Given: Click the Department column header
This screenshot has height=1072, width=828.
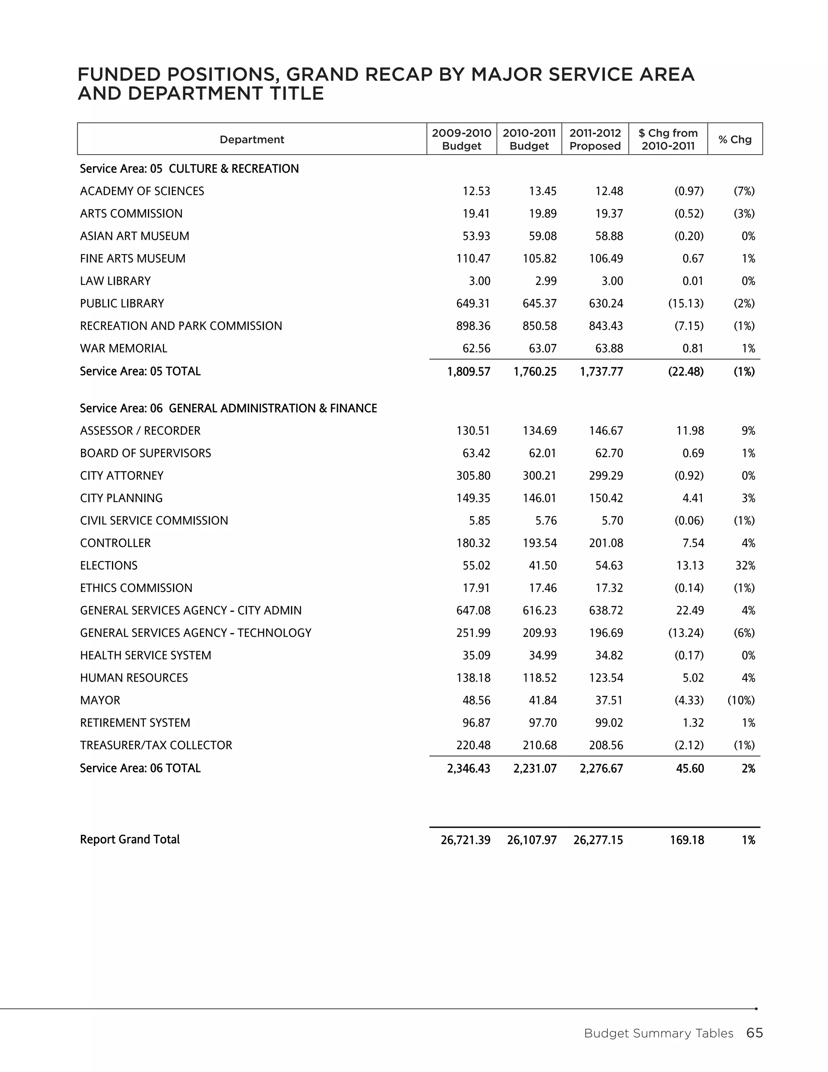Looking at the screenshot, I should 251,140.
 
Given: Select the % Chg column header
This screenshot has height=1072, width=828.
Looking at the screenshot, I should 734,140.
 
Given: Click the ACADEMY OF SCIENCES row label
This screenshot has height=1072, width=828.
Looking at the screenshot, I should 142,191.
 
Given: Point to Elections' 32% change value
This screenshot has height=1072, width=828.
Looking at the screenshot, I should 745,566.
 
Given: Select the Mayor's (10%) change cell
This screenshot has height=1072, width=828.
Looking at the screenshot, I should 741,700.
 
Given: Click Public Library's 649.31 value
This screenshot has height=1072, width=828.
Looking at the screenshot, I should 473,303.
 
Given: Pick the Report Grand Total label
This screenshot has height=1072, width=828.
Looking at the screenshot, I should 129,839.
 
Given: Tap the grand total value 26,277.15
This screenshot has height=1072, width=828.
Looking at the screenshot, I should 598,840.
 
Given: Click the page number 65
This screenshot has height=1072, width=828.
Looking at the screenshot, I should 754,1033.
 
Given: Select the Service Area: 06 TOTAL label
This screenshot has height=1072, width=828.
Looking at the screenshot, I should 140,768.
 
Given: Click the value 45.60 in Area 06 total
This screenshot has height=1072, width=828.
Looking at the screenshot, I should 690,769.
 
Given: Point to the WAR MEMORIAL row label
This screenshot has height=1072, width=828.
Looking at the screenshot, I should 123,348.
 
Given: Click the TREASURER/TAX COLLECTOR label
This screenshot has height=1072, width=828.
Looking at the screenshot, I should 156,745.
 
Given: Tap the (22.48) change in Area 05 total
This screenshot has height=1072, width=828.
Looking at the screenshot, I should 686,372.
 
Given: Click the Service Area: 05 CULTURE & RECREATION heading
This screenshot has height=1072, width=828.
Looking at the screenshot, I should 189,169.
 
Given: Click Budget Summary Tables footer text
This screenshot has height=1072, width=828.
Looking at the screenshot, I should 658,1034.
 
